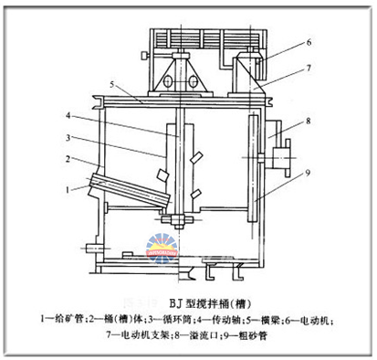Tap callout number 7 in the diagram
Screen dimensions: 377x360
pyautogui.click(x=309, y=67)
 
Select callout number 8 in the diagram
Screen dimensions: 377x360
pyautogui.click(x=309, y=120)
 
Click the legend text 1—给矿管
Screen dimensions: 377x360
pyautogui.click(x=64, y=318)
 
